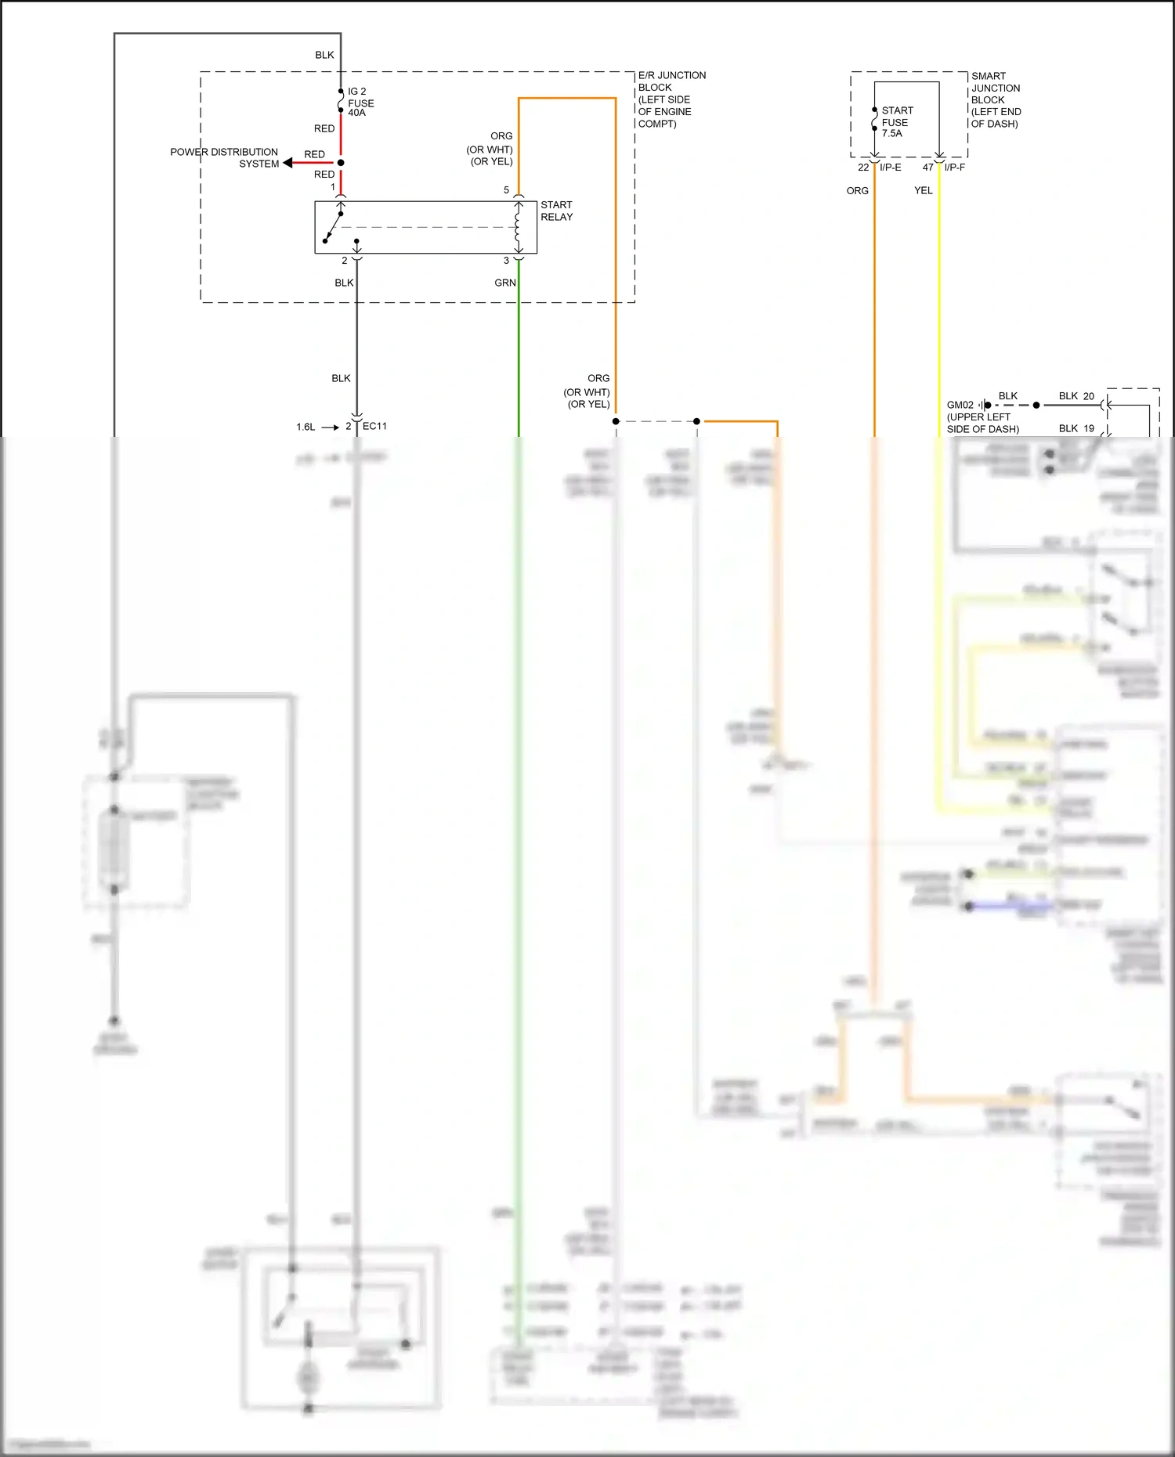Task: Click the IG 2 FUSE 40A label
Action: (360, 103)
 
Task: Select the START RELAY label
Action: (556, 211)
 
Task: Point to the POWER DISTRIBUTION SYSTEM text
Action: (224, 157)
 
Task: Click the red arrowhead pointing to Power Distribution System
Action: (288, 163)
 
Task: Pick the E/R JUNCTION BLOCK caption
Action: (671, 99)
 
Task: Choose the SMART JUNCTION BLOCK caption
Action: (996, 99)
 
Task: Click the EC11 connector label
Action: (374, 426)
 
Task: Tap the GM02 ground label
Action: (960, 405)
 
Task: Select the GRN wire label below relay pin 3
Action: (505, 283)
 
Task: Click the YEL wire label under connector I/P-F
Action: (924, 190)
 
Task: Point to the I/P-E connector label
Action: (891, 168)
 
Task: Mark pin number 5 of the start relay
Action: (506, 190)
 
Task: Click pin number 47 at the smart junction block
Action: (927, 168)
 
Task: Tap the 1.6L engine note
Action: (305, 427)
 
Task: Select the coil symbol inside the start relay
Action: (518, 227)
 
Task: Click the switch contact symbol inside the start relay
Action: (334, 227)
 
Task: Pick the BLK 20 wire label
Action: (1076, 396)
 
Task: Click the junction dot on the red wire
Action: (341, 163)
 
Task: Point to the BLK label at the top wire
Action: (324, 55)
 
